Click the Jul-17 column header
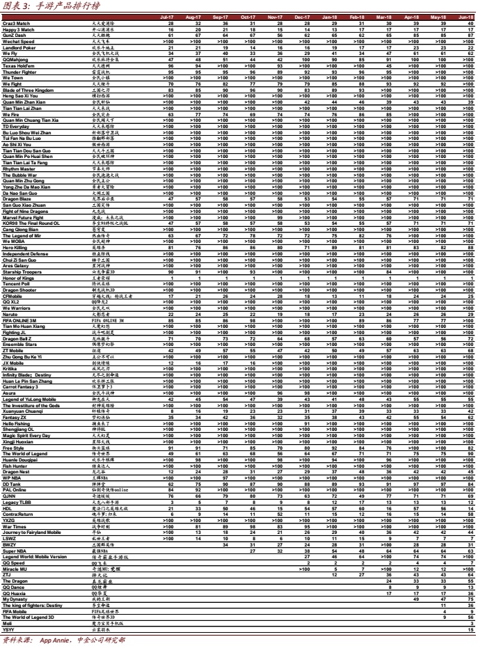point(167,17)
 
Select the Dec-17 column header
point(302,17)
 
